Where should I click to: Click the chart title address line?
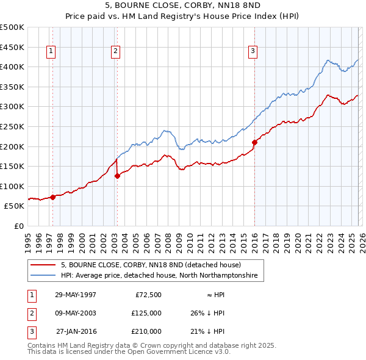pos(183,5)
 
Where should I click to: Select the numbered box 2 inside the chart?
pos(115,52)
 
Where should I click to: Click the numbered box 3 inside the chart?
pos(252,52)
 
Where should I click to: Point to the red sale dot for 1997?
pos(53,196)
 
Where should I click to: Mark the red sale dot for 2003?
pos(117,176)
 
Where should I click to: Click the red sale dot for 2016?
pos(254,142)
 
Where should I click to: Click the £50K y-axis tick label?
pos(15,206)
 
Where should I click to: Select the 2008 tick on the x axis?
pos(168,240)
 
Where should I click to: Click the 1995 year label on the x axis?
pos(28,240)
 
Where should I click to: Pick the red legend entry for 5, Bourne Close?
pos(151,265)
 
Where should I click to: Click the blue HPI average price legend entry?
pos(159,276)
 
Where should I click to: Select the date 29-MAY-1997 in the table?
pos(76,294)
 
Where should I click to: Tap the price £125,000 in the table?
pos(146,313)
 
